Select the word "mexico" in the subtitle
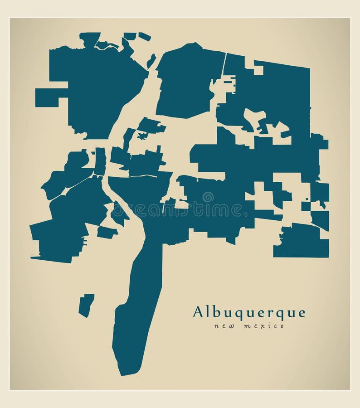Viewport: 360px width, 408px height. (x=263, y=326)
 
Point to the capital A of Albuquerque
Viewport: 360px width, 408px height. (x=198, y=312)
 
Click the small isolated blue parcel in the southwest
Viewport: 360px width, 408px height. (x=86, y=305)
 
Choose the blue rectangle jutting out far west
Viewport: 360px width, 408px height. (x=47, y=97)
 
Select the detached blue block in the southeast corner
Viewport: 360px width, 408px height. (x=301, y=241)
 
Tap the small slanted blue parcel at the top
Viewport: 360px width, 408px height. (x=145, y=36)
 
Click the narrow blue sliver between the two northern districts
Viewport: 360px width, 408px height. (x=151, y=61)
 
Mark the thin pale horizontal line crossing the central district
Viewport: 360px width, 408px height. (x=141, y=175)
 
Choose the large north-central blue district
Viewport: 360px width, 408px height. (x=188, y=82)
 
